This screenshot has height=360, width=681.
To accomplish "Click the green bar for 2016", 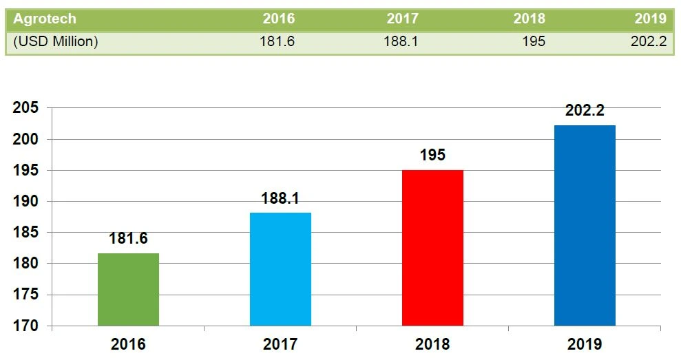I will (128, 289).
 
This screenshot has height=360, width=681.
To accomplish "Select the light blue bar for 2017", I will (280, 268).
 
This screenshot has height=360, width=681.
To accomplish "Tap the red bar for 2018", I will (432, 248).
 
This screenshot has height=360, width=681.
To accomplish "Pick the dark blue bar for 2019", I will (585, 225).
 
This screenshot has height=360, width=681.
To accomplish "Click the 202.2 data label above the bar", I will (585, 111).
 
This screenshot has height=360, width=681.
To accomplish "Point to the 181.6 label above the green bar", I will (128, 240).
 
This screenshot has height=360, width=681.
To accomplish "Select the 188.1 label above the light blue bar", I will (280, 198).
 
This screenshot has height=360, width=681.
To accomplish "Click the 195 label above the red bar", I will (432, 156).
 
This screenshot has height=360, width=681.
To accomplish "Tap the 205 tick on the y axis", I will (29, 108).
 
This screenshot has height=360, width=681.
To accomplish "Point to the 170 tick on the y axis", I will (29, 326).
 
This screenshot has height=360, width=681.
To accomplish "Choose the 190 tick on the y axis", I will (29, 201).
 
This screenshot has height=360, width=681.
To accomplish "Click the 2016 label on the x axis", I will (128, 343).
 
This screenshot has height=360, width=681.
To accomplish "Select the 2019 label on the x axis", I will (585, 343).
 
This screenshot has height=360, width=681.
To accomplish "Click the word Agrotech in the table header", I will (45, 19).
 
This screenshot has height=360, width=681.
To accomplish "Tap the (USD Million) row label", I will (56, 41).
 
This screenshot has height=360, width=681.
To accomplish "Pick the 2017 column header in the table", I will (402, 19).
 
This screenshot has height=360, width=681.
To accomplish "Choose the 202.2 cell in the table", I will (648, 41).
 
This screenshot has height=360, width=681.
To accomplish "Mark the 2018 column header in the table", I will (529, 19).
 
